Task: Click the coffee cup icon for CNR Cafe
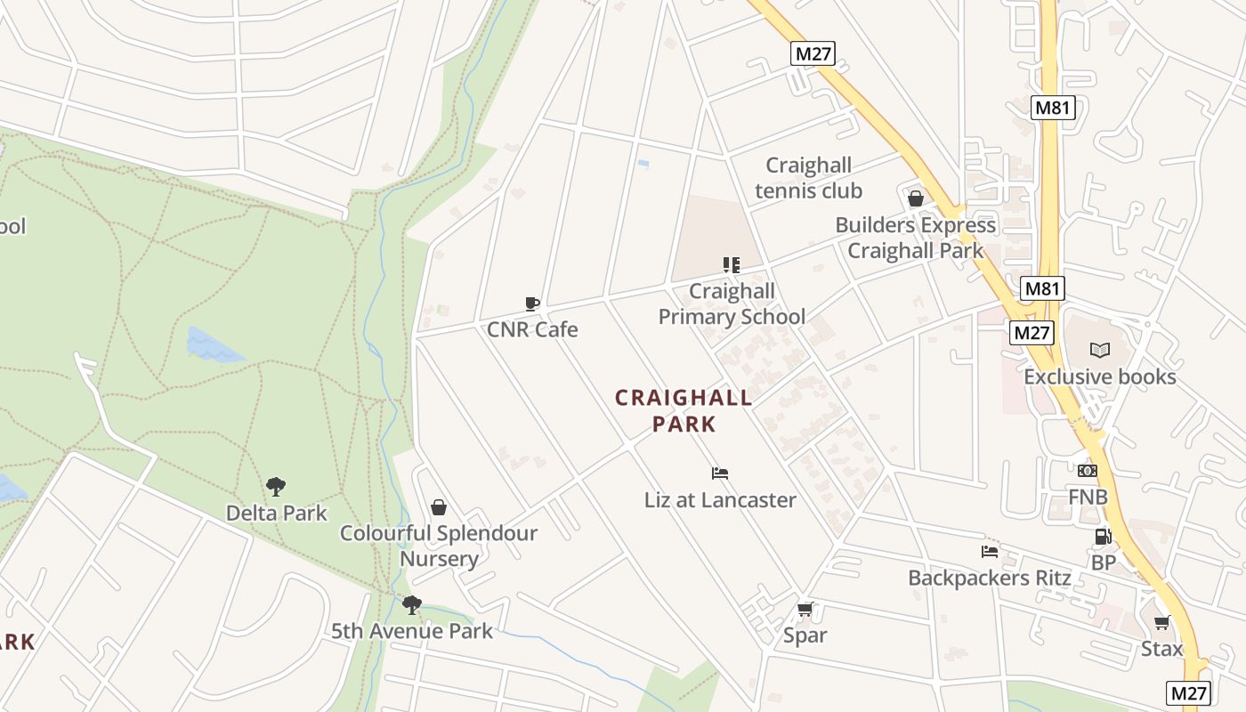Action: (x=532, y=304)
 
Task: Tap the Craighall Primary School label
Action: (x=732, y=304)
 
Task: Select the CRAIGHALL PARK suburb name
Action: (x=684, y=410)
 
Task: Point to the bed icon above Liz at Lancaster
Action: (x=720, y=473)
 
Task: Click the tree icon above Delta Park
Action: (x=276, y=487)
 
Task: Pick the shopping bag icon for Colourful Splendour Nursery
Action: (x=438, y=507)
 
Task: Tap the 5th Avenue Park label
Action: (x=412, y=632)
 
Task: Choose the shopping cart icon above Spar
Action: (x=805, y=610)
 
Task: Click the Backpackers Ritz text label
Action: (x=989, y=578)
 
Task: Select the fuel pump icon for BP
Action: (x=1103, y=537)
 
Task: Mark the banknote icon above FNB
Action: (x=1088, y=471)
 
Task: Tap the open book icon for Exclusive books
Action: (x=1100, y=351)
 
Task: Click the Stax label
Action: (x=1161, y=649)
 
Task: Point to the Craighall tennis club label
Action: (x=808, y=178)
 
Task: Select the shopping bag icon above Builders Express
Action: (x=915, y=198)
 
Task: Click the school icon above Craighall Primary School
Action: (x=731, y=264)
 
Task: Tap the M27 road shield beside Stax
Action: (x=1189, y=692)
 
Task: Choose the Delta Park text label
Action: (x=276, y=514)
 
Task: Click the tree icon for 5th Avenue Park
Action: (x=411, y=605)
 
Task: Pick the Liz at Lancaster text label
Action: (x=720, y=500)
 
